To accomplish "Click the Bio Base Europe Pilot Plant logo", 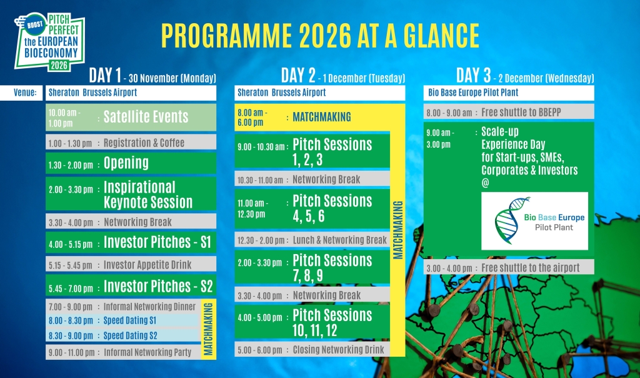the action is point(534,221).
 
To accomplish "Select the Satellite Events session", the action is point(146,117).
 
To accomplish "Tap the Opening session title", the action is point(126,163).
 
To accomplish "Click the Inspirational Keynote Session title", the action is point(147,195).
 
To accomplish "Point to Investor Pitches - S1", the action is point(157,242).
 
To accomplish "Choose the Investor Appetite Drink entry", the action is point(147,265).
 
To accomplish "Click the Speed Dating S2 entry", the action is point(130,335).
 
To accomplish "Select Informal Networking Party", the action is point(147,352).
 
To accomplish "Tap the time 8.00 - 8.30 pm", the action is point(71,320).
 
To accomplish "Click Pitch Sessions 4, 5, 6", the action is point(332,208).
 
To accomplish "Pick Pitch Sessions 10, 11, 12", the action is point(332,322).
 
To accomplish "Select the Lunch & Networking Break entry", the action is point(339,240).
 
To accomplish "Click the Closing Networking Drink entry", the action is point(338,350).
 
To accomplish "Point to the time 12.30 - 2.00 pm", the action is point(263,240).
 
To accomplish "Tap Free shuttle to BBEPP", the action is point(521,112).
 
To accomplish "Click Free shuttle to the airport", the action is point(530,268).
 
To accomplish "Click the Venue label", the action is point(25,93).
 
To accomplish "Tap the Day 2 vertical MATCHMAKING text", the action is point(398,230).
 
